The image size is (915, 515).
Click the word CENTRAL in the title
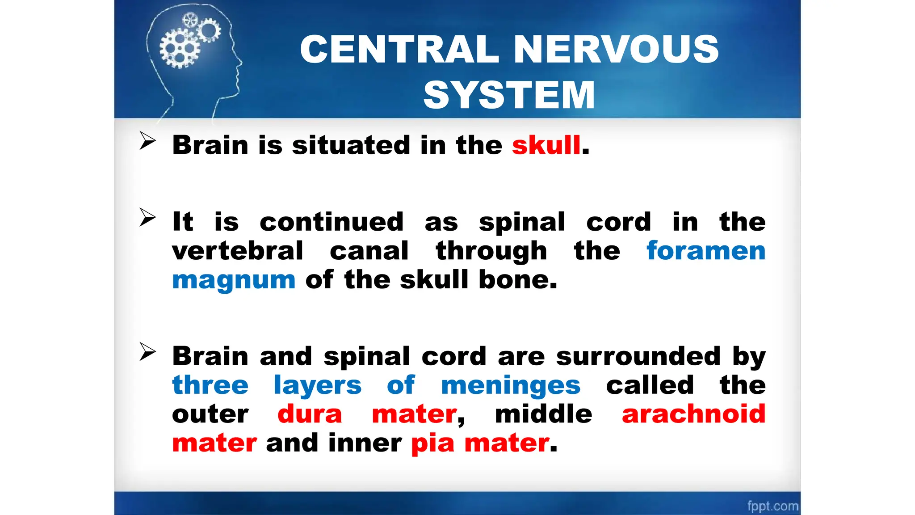click(399, 49)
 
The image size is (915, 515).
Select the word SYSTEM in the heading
click(509, 95)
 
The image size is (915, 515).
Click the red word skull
click(546, 145)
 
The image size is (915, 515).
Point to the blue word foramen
click(705, 250)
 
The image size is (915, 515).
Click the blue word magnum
click(234, 280)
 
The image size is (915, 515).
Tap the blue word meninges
click(510, 385)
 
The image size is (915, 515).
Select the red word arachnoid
click(693, 414)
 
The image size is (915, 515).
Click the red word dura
click(310, 414)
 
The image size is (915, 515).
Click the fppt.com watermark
click(772, 506)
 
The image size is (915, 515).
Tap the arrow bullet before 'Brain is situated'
click(147, 141)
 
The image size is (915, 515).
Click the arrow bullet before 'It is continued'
click(147, 217)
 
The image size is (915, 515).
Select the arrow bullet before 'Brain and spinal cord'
click(147, 351)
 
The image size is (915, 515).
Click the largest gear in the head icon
click(180, 48)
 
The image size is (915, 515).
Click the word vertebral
click(238, 250)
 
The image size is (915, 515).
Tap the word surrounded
click(638, 356)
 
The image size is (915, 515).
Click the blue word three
click(210, 385)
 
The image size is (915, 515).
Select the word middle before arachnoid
click(543, 414)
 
